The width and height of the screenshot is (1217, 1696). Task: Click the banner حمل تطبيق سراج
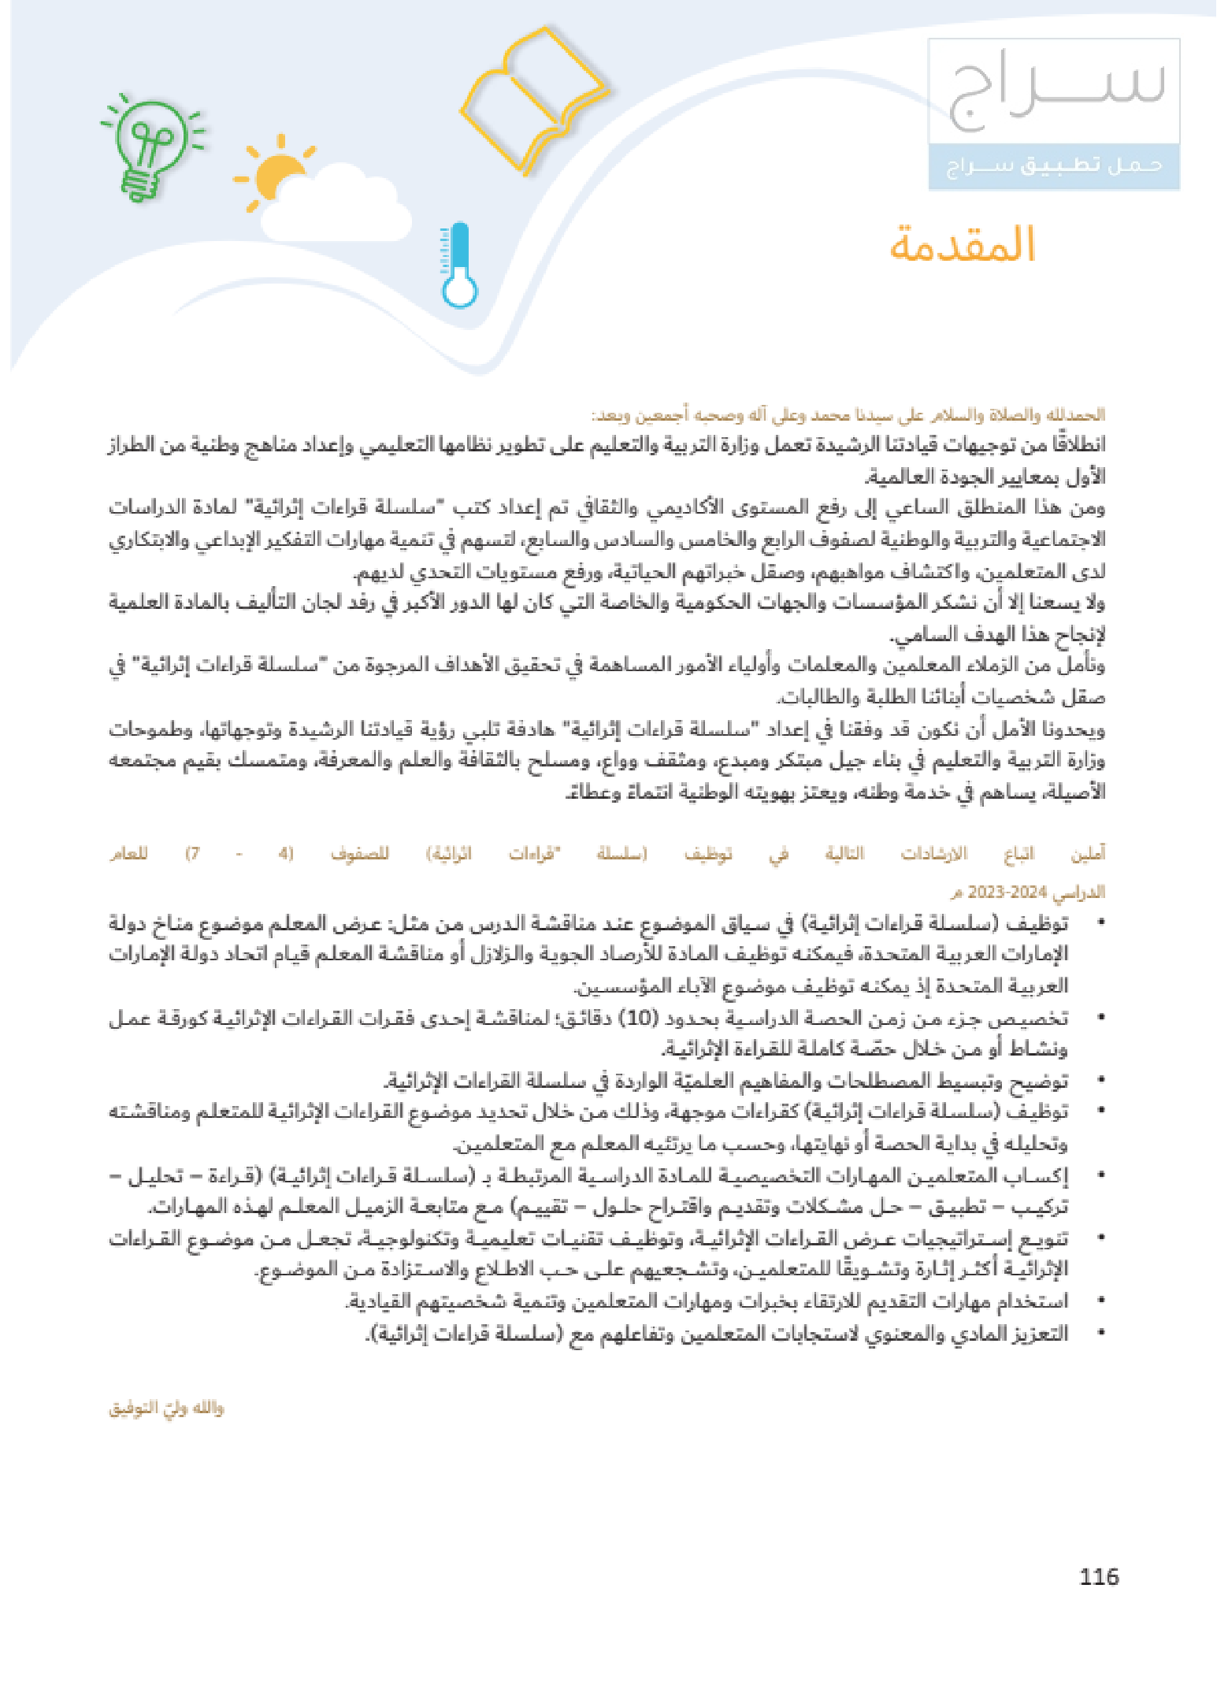point(1054,166)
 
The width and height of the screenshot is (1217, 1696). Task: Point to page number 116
point(1099,1576)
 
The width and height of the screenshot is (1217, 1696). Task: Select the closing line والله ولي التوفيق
point(166,1408)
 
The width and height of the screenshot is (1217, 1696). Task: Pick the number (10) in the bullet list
point(637,1018)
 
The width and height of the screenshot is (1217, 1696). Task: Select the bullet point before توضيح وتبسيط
point(1100,1081)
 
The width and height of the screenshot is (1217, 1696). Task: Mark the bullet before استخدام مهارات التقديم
point(1100,1301)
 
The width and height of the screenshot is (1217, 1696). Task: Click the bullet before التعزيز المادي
point(1100,1333)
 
